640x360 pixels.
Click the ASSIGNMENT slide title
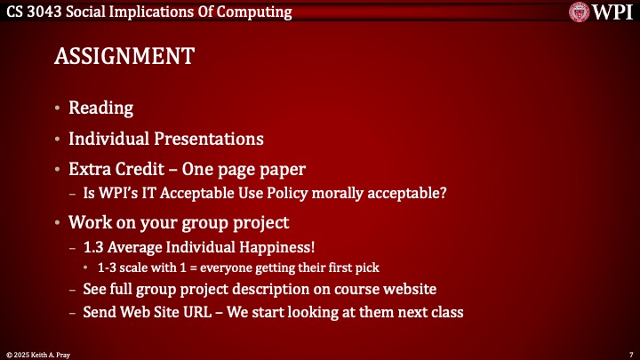point(124,56)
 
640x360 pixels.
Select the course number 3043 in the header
point(49,12)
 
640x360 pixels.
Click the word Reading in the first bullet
point(101,108)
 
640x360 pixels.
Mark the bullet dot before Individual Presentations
point(58,140)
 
